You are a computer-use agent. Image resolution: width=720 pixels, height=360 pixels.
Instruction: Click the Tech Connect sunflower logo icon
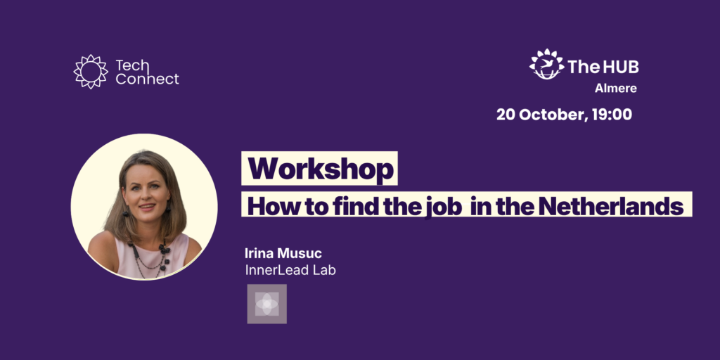[x=91, y=72]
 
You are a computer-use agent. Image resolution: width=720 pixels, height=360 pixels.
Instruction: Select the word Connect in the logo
[x=147, y=79]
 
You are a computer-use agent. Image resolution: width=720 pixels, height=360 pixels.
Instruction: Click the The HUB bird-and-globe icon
[x=546, y=64]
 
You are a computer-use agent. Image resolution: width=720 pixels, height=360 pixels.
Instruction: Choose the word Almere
[x=616, y=89]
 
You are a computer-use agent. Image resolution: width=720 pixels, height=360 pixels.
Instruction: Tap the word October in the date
[x=553, y=115]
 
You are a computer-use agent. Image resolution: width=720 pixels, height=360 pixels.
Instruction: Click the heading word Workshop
[x=321, y=169]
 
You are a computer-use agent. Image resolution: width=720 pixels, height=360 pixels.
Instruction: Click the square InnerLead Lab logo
[x=266, y=304]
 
